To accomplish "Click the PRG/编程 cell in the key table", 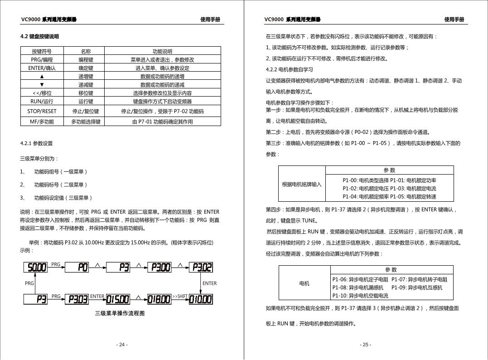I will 42,59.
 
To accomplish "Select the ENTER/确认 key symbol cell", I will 42,68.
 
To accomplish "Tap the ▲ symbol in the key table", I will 42,76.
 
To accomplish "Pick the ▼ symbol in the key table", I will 42,84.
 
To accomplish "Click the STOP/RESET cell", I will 42,111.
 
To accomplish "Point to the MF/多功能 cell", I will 42,122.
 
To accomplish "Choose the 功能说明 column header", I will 162,51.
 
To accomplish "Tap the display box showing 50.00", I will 35,268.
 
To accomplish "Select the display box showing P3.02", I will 201,268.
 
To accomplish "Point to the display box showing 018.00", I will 158,299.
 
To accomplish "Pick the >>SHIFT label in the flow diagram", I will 179,297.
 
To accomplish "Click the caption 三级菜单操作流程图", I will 120,313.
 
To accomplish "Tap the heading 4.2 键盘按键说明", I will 40,36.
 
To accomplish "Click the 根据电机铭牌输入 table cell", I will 301,184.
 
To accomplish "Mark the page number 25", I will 365,345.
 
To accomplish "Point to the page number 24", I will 121,345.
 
